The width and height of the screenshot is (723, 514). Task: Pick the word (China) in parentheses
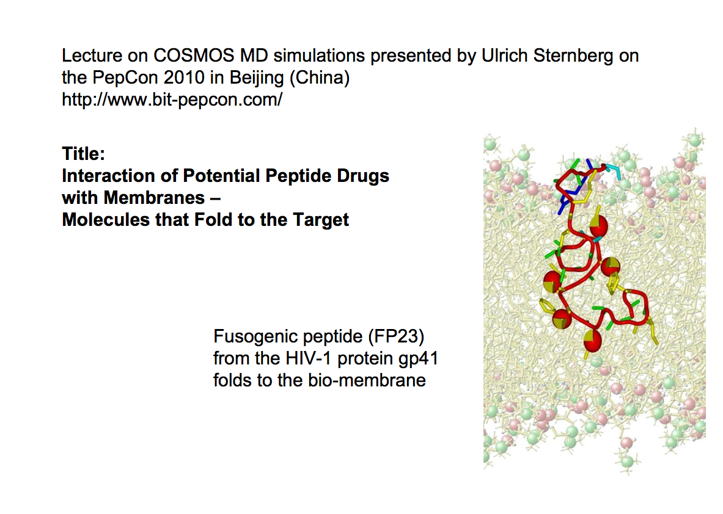319,78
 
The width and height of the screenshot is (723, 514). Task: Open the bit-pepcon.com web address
172,100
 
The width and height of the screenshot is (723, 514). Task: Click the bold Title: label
84,154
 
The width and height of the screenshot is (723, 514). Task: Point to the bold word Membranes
154,198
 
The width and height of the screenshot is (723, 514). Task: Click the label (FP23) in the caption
396,337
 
